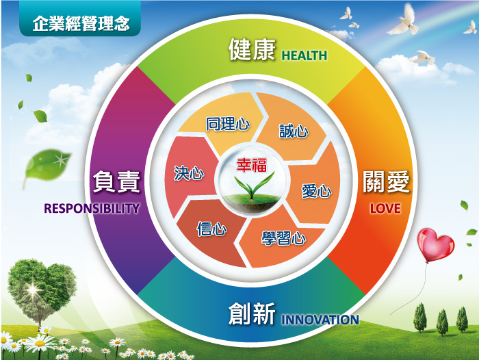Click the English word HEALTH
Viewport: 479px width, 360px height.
click(x=305, y=55)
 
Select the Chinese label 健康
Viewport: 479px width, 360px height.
click(x=252, y=51)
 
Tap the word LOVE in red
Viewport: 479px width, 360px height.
click(x=385, y=208)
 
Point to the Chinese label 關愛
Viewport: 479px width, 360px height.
click(x=386, y=183)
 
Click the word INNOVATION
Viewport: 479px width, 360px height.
click(x=320, y=320)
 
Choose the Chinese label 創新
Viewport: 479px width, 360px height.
click(x=252, y=315)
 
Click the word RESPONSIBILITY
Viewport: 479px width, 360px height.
click(x=92, y=208)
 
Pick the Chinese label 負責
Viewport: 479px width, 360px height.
click(x=116, y=183)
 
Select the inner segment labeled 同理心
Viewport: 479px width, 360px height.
click(x=227, y=125)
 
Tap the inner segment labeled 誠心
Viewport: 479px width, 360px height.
click(x=294, y=130)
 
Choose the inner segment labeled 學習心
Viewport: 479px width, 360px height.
click(x=283, y=239)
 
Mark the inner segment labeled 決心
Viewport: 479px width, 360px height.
click(x=189, y=173)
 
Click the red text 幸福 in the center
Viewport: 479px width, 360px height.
click(x=250, y=165)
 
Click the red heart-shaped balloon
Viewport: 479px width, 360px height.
click(x=435, y=244)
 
